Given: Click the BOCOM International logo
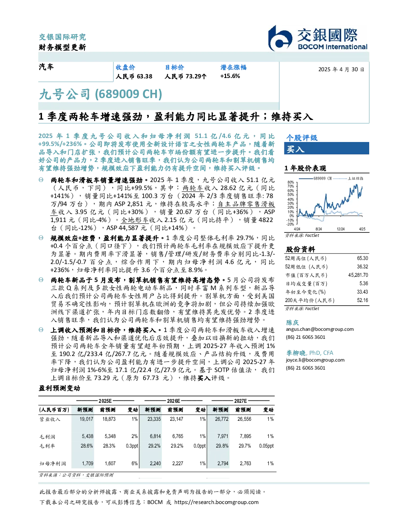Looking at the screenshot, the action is (x=318, y=38).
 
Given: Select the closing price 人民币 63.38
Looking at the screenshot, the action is (x=134, y=76).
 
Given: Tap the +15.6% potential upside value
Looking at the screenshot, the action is (x=230, y=76).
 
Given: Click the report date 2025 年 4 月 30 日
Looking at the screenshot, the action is (x=341, y=70).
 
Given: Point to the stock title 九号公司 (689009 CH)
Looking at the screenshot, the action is (x=100, y=94).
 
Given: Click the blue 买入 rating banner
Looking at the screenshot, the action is (x=326, y=148).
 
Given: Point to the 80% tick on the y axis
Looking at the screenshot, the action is (x=291, y=182).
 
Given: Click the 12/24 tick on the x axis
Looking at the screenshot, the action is (x=341, y=229).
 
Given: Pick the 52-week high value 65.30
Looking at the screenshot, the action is (x=362, y=258).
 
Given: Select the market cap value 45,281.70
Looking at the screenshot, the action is (x=358, y=275).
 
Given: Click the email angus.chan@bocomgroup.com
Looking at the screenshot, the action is (x=320, y=329).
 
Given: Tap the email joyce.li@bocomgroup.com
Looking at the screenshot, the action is (x=315, y=360).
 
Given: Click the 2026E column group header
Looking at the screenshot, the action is (x=174, y=401).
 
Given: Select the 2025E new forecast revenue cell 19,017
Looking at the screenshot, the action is (x=86, y=419).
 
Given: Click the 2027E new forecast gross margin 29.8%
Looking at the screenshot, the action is (x=222, y=446).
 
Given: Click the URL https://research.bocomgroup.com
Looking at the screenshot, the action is (x=216, y=502).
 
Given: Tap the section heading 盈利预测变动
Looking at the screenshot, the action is (x=59, y=388).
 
